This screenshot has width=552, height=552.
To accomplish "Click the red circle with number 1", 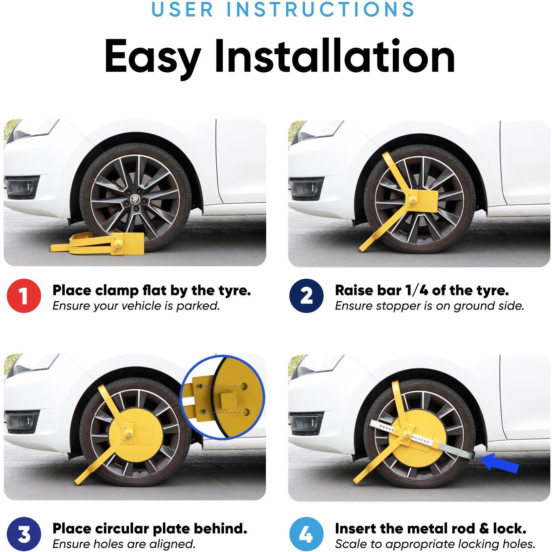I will click(24, 296).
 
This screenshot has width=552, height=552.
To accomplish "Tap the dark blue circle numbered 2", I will click(306, 296).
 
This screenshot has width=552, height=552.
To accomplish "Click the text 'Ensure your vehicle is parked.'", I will click(136, 306).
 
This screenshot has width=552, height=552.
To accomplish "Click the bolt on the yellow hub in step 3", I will click(128, 434).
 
